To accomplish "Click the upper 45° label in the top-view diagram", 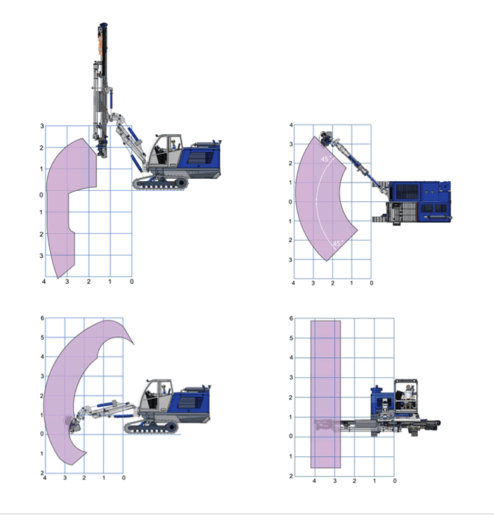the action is click(x=325, y=159).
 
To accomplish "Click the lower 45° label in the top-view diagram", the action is click(x=338, y=244).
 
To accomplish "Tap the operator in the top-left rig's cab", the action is click(x=173, y=144).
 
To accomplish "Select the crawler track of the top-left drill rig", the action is click(x=160, y=183).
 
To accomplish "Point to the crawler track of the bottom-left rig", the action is click(x=151, y=428).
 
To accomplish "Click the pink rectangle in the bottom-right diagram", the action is click(x=325, y=394).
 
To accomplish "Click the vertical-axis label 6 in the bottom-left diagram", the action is click(x=42, y=318).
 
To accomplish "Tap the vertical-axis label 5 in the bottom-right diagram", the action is click(x=291, y=338).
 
